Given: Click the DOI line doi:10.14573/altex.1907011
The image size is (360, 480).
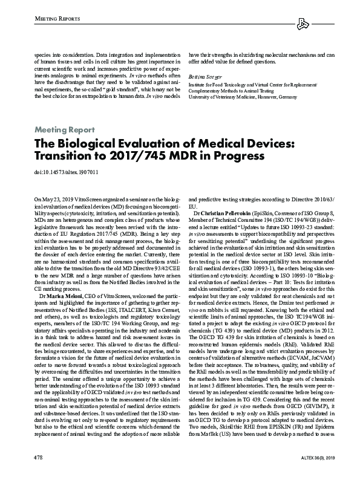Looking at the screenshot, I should pos(67,171).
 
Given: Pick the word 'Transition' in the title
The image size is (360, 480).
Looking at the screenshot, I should pos(62,155).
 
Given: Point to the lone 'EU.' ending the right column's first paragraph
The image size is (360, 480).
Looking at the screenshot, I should pos(193,206).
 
